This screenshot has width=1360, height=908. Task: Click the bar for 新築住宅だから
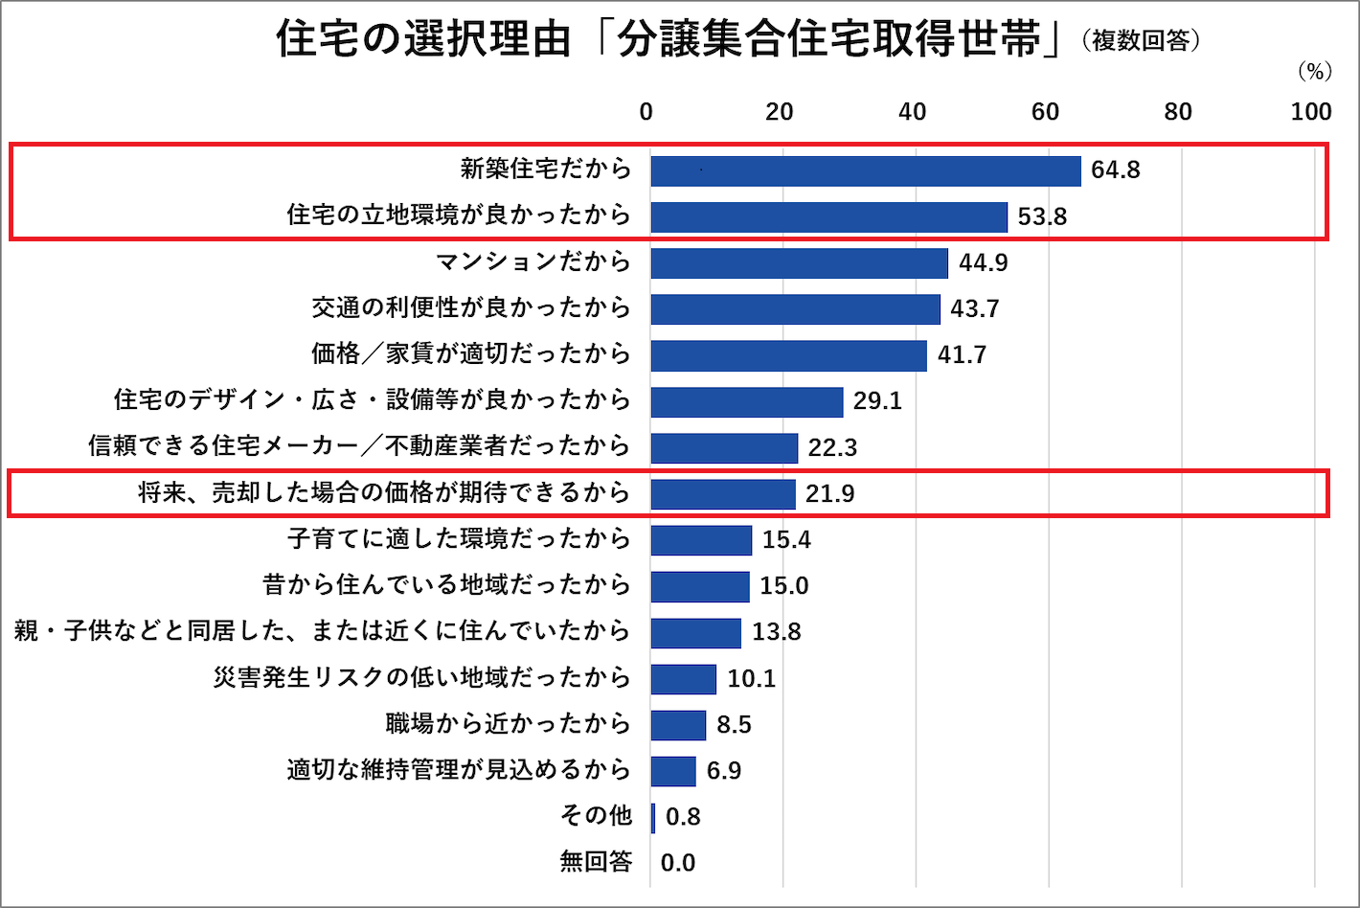pyautogui.click(x=865, y=170)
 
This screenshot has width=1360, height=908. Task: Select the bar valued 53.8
pyautogui.click(x=828, y=216)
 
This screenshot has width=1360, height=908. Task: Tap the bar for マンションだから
pyautogui.click(x=799, y=262)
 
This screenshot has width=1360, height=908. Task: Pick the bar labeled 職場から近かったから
pyautogui.click(x=678, y=725)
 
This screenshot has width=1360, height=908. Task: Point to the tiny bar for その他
pyautogui.click(x=653, y=818)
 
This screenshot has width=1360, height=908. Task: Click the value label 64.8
pyautogui.click(x=1116, y=170)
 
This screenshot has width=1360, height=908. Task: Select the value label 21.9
pyautogui.click(x=829, y=494)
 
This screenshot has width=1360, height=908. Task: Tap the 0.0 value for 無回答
pyautogui.click(x=678, y=863)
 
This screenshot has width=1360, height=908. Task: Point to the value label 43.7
pyautogui.click(x=975, y=309)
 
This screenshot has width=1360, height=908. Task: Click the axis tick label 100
pyautogui.click(x=1310, y=112)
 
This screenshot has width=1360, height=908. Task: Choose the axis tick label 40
pyautogui.click(x=912, y=112)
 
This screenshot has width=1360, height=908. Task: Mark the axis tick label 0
pyautogui.click(x=646, y=112)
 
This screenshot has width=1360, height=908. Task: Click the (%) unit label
pyautogui.click(x=1314, y=73)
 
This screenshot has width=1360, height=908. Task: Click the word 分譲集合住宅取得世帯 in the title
pyautogui.click(x=829, y=40)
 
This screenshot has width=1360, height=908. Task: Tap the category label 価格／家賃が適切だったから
pyautogui.click(x=470, y=354)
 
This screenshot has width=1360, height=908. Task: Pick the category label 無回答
pyautogui.click(x=596, y=862)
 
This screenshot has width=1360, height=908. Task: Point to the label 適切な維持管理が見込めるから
pyautogui.click(x=459, y=770)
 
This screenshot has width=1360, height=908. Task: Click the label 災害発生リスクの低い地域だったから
pyautogui.click(x=421, y=678)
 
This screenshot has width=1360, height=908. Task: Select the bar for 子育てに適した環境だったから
pyautogui.click(x=701, y=540)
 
